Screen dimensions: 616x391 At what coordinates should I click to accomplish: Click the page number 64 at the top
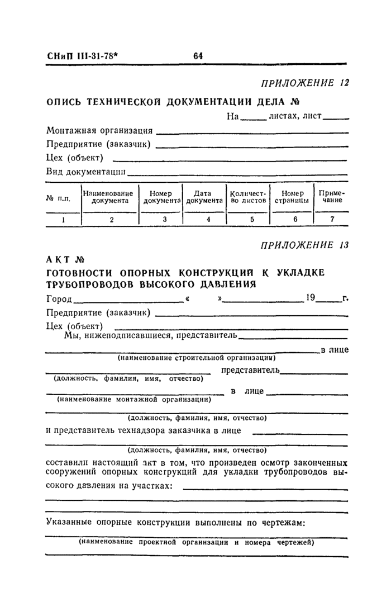click(198, 56)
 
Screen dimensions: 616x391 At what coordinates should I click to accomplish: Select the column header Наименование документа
click(111, 197)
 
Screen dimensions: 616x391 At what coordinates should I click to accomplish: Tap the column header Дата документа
click(206, 197)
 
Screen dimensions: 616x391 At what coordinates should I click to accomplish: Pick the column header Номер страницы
click(292, 197)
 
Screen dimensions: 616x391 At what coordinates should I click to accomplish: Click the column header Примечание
click(332, 197)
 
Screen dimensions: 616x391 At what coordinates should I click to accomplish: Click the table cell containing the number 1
click(63, 220)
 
